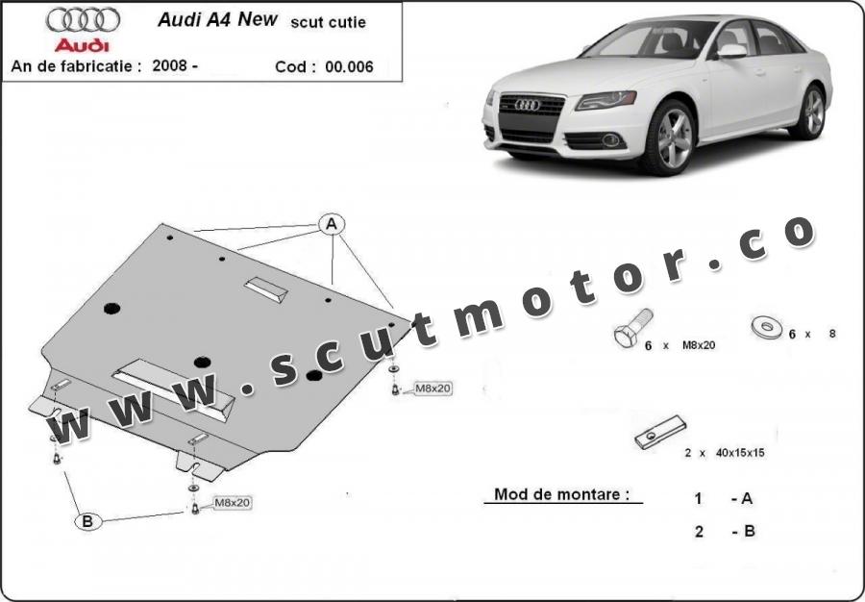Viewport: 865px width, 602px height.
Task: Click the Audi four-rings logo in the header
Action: coord(84,20)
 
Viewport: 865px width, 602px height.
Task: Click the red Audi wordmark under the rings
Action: coord(83,45)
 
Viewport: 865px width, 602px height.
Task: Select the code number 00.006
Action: coord(349,66)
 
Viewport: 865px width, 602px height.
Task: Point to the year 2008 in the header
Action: coord(171,65)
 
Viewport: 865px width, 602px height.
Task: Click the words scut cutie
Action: coord(329,23)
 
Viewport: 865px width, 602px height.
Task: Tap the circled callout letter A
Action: coord(332,224)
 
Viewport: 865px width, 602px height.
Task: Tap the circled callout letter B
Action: coord(87,521)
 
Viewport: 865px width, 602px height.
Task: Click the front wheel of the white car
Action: coord(669,137)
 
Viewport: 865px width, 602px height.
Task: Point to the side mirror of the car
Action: coord(731,51)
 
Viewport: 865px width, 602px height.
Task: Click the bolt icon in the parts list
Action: coord(632,328)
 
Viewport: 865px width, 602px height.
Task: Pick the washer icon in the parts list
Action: coord(766,327)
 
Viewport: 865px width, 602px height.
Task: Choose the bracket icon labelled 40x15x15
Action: coord(660,432)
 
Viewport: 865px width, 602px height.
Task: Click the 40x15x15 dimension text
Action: coord(740,453)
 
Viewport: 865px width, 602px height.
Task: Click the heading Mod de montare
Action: coord(561,494)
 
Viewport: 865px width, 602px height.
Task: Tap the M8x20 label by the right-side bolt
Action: coord(432,389)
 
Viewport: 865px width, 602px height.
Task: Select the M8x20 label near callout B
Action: coord(233,503)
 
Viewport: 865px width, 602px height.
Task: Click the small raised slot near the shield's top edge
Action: coord(266,289)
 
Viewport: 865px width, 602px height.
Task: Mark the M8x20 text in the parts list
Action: coord(699,345)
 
